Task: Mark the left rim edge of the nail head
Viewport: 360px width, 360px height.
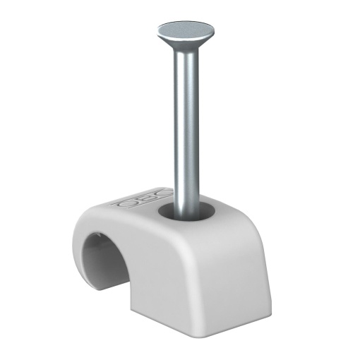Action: click(x=157, y=31)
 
